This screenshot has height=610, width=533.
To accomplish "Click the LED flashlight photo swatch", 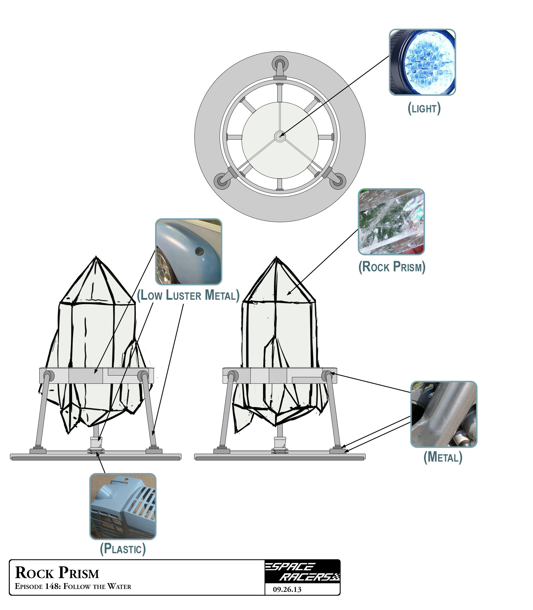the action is [422, 62].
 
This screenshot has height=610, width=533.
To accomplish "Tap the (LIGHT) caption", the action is [424, 108].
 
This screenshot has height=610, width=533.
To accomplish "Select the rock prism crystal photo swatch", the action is [391, 222].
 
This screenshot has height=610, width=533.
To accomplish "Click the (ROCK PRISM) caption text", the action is [392, 267].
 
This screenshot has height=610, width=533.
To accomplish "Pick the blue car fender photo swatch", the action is [189, 252].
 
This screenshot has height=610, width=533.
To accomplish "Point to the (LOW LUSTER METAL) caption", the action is [188, 296].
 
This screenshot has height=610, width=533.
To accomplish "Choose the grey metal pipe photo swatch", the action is [444, 414].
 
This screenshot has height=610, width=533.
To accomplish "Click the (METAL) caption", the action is [443, 457].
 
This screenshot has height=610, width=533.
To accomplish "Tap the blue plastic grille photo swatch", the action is [123, 506].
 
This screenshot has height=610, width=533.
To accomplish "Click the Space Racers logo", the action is [303, 572].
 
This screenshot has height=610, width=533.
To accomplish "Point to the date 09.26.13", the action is [287, 590].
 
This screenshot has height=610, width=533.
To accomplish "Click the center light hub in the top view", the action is [280, 136].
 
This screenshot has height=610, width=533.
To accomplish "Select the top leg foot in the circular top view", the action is [280, 64].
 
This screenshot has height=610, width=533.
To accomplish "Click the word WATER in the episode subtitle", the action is [119, 587].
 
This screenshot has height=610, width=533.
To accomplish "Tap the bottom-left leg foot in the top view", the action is [222, 181].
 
